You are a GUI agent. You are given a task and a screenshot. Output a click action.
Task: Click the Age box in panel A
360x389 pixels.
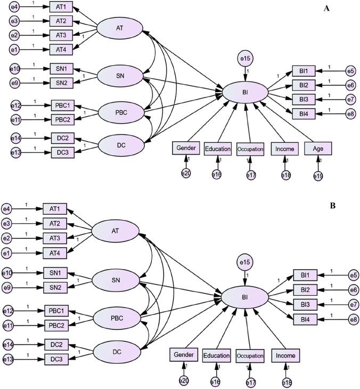318,148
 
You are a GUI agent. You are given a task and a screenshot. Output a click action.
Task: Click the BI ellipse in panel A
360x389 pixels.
246,92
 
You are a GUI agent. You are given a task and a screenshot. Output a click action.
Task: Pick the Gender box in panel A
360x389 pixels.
185,148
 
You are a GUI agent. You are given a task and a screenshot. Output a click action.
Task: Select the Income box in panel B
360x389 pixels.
286,354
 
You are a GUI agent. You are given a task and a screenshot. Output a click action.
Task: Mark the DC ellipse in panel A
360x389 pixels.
121,144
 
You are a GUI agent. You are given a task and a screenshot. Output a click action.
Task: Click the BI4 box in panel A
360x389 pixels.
304,112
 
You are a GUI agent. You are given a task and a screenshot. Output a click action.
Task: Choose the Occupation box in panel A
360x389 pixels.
250,149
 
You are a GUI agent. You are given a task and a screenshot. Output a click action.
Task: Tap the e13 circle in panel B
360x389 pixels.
8,358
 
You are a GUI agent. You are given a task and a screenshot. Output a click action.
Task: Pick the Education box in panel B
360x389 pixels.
217,355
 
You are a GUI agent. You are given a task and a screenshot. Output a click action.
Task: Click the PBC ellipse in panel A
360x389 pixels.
121,112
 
